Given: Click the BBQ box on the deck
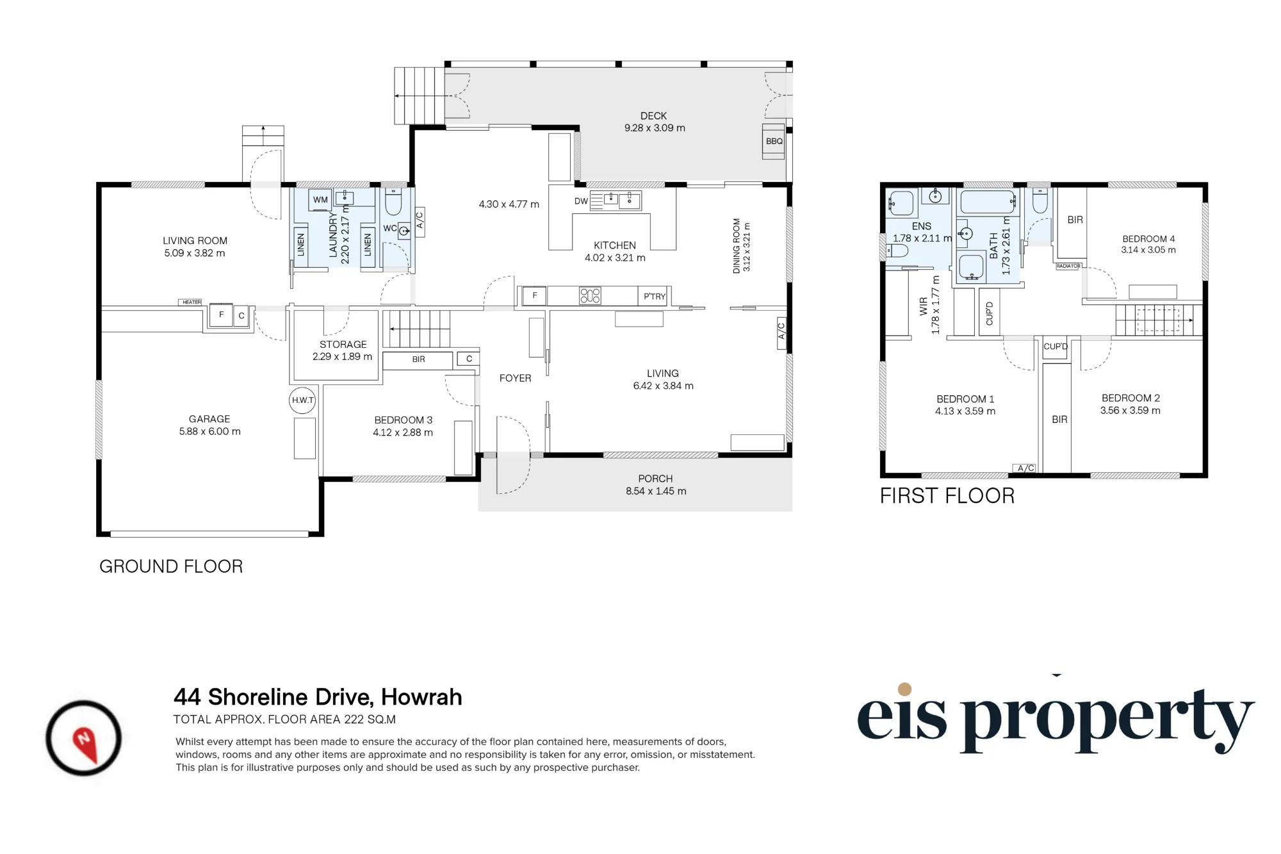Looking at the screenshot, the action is click(x=774, y=141).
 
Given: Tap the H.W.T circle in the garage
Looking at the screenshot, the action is click(x=302, y=400).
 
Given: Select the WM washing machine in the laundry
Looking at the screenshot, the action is click(x=320, y=200).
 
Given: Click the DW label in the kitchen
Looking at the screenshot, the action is click(x=581, y=201).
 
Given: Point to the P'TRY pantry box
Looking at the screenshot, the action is click(x=654, y=296).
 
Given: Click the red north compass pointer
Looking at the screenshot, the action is click(x=85, y=744).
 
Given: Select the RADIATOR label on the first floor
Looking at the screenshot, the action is click(x=1068, y=266).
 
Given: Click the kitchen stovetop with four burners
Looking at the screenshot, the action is click(x=590, y=295).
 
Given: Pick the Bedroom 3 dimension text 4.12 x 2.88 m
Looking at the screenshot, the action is click(x=403, y=432).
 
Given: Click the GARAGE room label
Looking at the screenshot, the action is click(x=209, y=419).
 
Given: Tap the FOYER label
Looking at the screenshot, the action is click(x=516, y=379).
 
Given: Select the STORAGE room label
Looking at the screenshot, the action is click(x=343, y=345).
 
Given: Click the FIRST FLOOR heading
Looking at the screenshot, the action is click(x=947, y=496).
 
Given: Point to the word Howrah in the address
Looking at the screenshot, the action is click(x=421, y=697).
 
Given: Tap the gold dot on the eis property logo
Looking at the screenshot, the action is click(x=905, y=689).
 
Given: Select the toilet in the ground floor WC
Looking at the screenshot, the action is click(x=393, y=201).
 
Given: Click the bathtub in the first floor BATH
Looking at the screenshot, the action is click(x=988, y=202).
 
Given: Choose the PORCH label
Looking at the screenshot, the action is click(x=655, y=479).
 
